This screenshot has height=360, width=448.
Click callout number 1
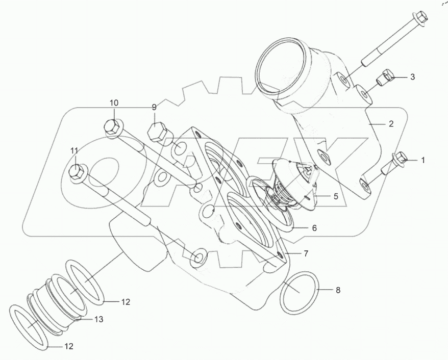click(x=422, y=160)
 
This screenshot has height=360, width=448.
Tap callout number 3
click(x=412, y=77)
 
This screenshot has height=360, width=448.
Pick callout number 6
click(x=314, y=228)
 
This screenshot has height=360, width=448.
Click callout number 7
click(x=306, y=253)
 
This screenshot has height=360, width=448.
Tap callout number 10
click(x=113, y=103)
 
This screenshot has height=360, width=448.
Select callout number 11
click(x=74, y=150)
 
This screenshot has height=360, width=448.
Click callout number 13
click(x=98, y=319)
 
